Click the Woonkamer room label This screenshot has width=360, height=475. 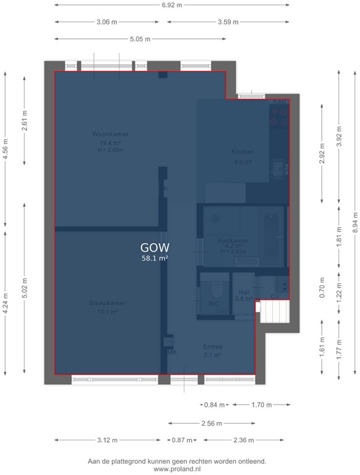tap(106, 134)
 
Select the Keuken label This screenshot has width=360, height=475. tap(242, 152)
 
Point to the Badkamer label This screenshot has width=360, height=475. tap(234, 241)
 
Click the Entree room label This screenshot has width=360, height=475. tap(212, 347)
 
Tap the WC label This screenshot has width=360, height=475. tap(213, 304)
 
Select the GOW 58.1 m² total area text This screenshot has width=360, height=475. tap(155, 252)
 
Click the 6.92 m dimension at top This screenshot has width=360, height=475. tap(171, 5)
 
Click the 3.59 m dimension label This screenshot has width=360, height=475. tap(229, 22)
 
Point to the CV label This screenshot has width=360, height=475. tap(275, 297)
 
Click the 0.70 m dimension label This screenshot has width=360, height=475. tap(321, 288)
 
